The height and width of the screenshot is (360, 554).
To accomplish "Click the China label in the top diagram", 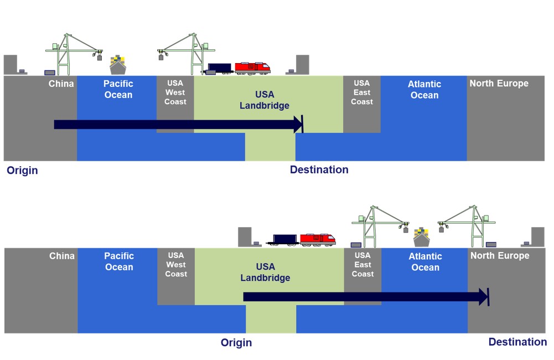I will [x=61, y=84].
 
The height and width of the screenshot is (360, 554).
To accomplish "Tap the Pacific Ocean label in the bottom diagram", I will [x=119, y=261].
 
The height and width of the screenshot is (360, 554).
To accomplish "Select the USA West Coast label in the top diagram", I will [x=175, y=92].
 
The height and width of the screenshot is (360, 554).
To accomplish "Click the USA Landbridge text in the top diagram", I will [x=265, y=100].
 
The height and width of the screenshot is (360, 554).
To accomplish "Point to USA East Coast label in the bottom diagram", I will [x=363, y=265].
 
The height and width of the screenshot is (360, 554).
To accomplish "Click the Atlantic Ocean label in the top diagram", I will [x=424, y=90].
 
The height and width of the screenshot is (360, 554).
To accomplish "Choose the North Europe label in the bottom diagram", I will [x=499, y=256].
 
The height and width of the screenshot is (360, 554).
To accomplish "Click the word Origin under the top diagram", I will [x=22, y=171].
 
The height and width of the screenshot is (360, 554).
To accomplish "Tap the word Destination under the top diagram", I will [x=319, y=170].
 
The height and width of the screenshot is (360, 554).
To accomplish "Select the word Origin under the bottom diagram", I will [x=236, y=343].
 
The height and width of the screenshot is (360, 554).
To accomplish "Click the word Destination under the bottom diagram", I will [x=517, y=342].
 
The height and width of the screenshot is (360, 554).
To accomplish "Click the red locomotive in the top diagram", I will [x=252, y=68].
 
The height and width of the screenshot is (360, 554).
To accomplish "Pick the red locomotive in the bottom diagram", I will [x=318, y=239].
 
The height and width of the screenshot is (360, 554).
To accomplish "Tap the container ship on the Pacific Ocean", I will [x=117, y=65].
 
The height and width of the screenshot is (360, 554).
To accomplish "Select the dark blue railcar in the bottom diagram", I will [x=286, y=240].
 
